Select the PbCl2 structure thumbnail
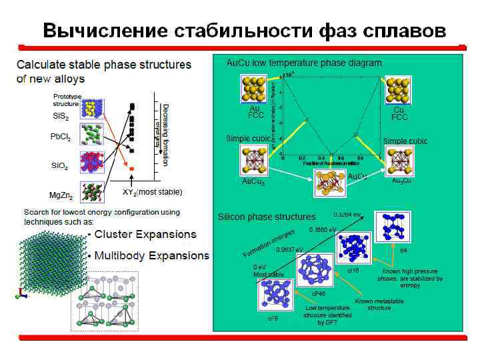(x=91, y=135)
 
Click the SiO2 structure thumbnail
(x=92, y=163)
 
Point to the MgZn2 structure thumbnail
(x=92, y=192)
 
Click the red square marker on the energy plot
(x=131, y=169)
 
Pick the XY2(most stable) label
(x=152, y=192)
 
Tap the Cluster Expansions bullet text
(x=145, y=235)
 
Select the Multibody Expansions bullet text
(x=151, y=256)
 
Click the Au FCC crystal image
(x=253, y=89)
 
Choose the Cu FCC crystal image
(x=399, y=89)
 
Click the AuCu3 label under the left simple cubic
(x=253, y=181)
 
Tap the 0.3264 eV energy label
(x=347, y=215)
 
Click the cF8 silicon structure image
(x=274, y=294)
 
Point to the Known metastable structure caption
(x=379, y=305)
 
